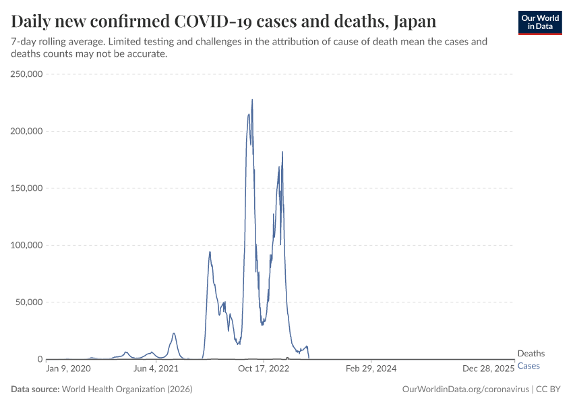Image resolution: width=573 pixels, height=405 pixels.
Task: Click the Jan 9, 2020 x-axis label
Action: click(x=67, y=369)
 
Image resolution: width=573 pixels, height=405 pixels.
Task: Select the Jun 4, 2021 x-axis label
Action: click(x=156, y=369)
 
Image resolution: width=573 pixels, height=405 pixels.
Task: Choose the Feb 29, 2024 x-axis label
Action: click(x=371, y=369)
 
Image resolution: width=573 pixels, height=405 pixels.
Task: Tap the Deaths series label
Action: click(x=531, y=354)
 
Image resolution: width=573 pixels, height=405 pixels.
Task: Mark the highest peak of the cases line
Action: click(x=252, y=100)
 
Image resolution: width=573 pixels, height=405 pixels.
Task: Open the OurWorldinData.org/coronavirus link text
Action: click(x=464, y=389)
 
